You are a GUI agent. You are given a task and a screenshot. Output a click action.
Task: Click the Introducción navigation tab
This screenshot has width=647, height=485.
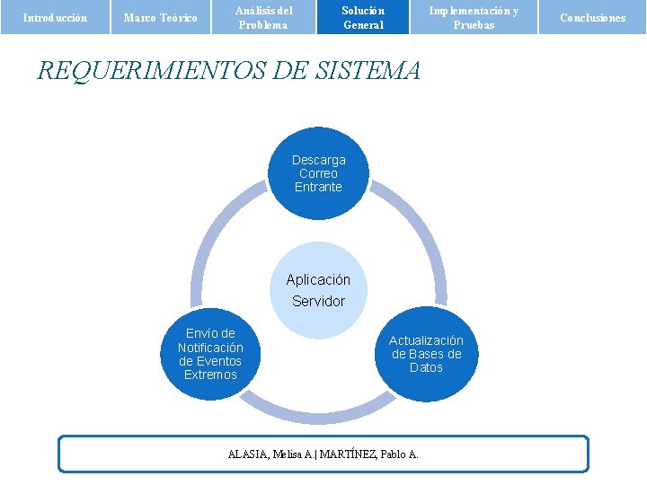tap(54, 17)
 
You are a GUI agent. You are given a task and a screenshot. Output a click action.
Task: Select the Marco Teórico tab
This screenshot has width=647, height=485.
tap(160, 17)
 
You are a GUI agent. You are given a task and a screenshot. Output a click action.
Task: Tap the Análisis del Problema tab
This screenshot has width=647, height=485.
tap(264, 17)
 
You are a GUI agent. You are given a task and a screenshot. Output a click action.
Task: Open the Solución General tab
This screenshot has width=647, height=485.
tap(363, 17)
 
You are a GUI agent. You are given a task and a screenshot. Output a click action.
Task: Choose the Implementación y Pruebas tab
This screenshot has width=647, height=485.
tap(474, 17)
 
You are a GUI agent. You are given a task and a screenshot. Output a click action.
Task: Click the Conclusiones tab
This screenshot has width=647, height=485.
tap(592, 17)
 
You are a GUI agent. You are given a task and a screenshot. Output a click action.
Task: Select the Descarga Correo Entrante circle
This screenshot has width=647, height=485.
tap(318, 173)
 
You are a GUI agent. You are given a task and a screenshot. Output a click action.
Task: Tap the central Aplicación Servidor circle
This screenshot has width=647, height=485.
tap(318, 289)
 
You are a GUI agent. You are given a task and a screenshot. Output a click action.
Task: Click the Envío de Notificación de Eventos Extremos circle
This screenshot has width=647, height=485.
tap(210, 354)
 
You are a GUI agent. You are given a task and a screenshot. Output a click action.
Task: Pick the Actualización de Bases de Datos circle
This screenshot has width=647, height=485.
tap(426, 354)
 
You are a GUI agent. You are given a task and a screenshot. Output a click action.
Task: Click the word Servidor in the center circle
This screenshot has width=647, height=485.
tap(318, 302)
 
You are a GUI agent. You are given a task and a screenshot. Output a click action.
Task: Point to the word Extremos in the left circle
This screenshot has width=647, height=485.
tap(210, 375)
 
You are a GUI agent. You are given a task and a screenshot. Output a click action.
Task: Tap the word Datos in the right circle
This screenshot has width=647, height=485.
tap(426, 367)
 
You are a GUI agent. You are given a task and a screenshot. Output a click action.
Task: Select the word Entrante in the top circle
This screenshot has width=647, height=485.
tap(318, 187)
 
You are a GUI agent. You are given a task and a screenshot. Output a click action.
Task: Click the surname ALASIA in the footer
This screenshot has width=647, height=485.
tap(248, 454)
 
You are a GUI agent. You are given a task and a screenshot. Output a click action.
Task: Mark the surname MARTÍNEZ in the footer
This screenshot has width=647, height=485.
tap(349, 454)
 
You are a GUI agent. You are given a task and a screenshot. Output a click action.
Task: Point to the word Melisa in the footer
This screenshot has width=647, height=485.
tap(288, 454)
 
